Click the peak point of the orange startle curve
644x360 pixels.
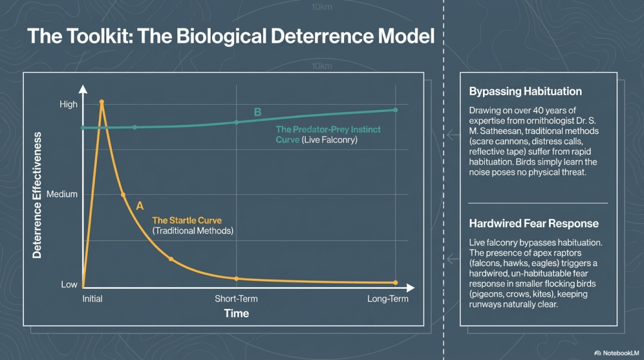(x=101, y=101)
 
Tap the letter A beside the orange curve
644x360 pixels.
(x=140, y=205)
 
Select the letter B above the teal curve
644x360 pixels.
(x=257, y=112)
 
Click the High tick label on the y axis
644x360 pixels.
(x=69, y=104)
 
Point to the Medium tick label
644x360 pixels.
(x=62, y=194)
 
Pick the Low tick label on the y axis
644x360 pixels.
(x=69, y=284)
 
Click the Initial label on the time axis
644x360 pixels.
(x=92, y=299)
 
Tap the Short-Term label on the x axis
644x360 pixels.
(x=236, y=299)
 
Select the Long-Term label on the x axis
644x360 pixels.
(x=387, y=299)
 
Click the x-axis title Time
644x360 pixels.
(x=236, y=313)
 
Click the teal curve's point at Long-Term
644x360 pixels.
(x=396, y=110)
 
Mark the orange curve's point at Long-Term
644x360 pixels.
(x=396, y=282)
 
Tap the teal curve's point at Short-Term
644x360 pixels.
(x=236, y=121)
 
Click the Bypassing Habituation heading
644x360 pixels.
(x=525, y=92)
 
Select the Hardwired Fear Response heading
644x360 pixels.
(x=534, y=223)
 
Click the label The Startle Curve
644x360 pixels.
(x=187, y=220)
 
